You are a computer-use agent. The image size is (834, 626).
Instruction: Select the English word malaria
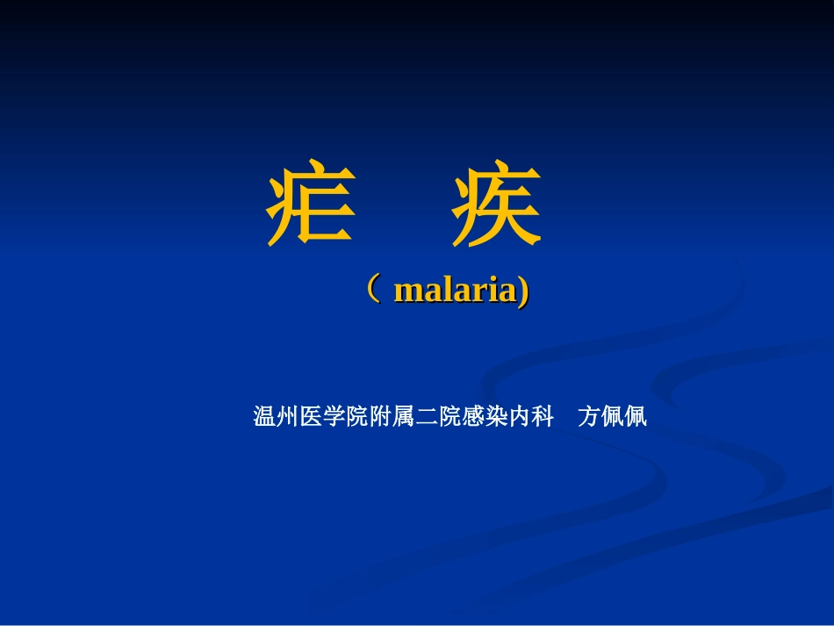455,291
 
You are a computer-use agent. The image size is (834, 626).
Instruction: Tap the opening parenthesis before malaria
375,288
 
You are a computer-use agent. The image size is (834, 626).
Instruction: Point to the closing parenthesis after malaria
523,291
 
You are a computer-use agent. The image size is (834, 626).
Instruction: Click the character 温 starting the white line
265,417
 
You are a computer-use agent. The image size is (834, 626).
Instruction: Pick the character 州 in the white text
288,417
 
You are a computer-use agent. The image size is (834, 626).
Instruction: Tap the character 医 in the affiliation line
311,417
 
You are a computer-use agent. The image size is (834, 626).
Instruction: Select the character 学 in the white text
334,417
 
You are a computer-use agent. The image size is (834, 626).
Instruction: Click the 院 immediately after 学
357,417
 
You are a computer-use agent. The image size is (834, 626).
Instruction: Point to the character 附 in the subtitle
380,417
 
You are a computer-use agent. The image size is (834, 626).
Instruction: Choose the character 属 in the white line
404,417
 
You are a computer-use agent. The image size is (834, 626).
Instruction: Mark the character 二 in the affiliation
427,417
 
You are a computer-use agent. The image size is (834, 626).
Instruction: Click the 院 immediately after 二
449,417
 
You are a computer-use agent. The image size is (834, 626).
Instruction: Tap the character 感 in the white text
473,417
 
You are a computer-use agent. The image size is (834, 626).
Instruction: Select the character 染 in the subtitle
496,417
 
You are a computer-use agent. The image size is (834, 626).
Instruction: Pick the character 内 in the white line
519,417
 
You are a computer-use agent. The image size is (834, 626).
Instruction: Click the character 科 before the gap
543,417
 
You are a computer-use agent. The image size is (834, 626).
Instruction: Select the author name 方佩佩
612,417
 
